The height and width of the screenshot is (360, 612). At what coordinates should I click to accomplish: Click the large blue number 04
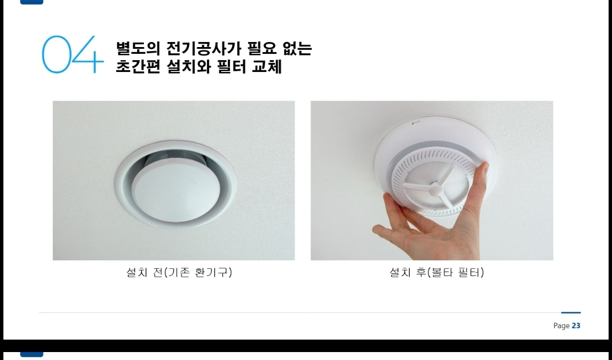click(73, 54)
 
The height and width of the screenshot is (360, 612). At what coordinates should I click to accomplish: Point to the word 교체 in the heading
click(267, 66)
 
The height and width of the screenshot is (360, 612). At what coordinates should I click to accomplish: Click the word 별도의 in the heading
click(138, 48)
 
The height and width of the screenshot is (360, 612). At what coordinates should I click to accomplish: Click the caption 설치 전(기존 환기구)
click(179, 272)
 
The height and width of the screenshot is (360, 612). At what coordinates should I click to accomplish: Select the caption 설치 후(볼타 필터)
click(437, 272)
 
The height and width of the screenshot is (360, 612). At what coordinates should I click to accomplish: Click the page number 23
click(576, 325)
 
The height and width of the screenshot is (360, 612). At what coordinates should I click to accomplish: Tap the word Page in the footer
click(561, 326)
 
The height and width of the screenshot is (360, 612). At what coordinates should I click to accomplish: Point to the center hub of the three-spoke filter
click(435, 190)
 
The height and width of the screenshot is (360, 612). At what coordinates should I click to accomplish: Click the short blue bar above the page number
click(571, 312)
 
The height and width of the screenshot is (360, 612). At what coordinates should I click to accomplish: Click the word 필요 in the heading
click(262, 48)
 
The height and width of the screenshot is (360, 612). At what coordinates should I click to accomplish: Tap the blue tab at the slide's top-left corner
click(32, 2)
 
